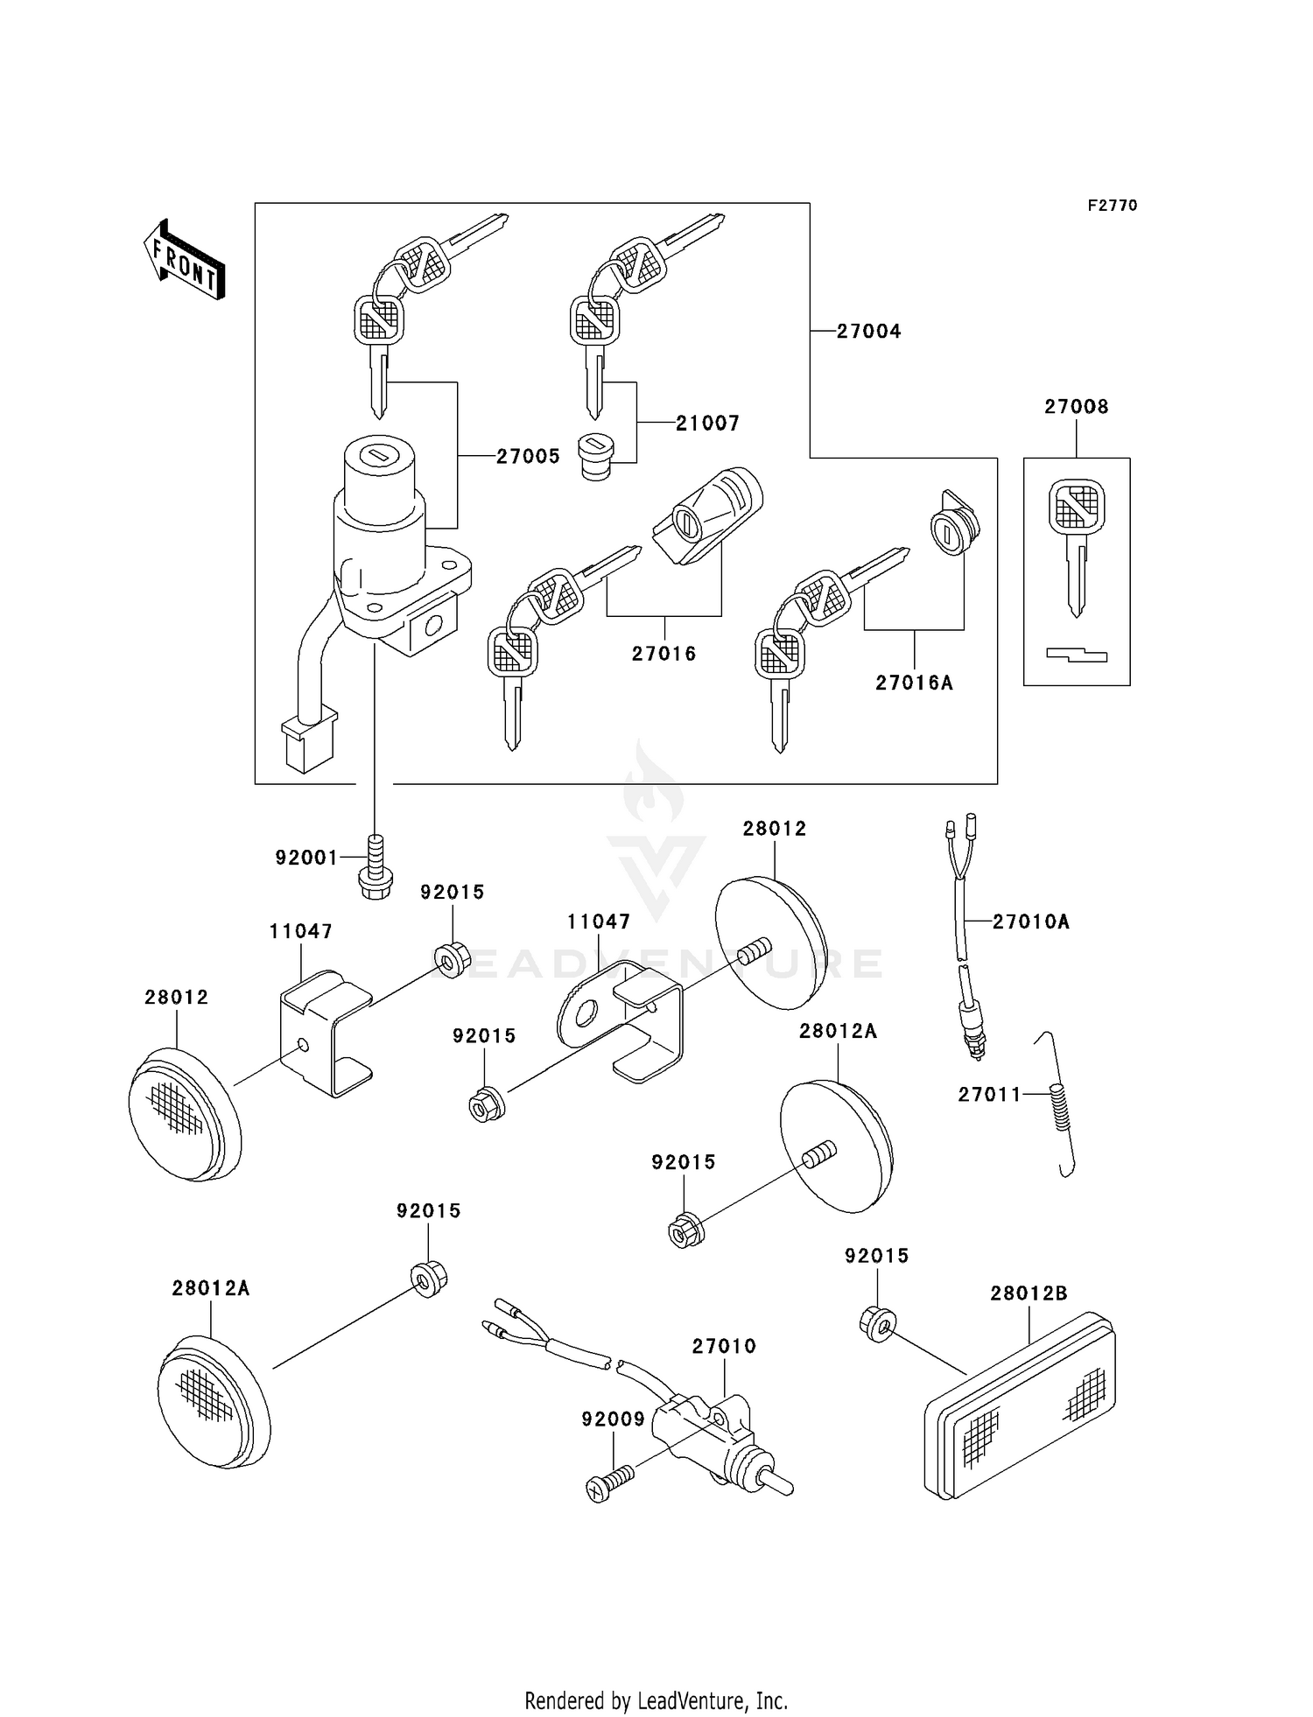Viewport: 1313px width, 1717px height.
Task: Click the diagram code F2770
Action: [x=1112, y=206]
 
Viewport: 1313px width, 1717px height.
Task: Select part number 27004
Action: [x=868, y=332]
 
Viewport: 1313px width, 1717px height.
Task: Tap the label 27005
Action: [x=528, y=457]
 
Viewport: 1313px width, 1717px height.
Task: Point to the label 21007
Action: [x=707, y=424]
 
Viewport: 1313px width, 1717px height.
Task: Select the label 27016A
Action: [x=914, y=683]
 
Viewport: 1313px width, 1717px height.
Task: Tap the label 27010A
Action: [x=1030, y=922]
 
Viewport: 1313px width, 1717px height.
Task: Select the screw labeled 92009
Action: [x=609, y=1482]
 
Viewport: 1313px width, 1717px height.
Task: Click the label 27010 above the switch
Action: [x=724, y=1346]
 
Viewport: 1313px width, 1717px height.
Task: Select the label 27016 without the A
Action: [x=664, y=654]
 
